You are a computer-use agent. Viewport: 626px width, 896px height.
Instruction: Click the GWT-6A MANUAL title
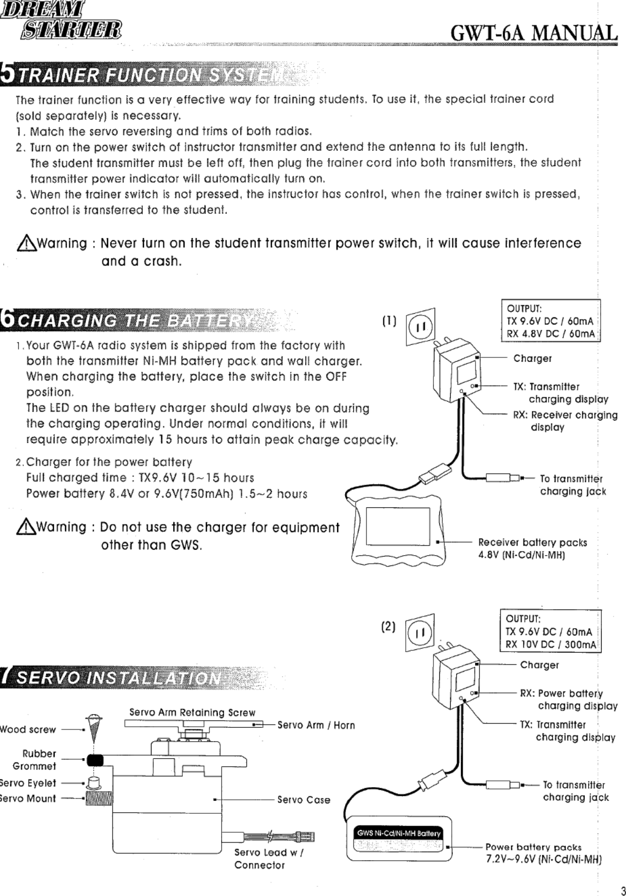pyautogui.click(x=533, y=32)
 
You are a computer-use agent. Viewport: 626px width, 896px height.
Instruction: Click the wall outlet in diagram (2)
pyautogui.click(x=420, y=632)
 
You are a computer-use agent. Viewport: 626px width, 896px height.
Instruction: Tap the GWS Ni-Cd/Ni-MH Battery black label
pyautogui.click(x=399, y=833)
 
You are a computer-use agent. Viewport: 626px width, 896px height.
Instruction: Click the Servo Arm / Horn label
pyautogui.click(x=316, y=725)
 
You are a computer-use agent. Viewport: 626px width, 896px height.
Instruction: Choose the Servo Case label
pyautogui.click(x=304, y=800)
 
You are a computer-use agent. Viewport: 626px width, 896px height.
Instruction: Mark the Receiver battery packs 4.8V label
pyautogui.click(x=532, y=548)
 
